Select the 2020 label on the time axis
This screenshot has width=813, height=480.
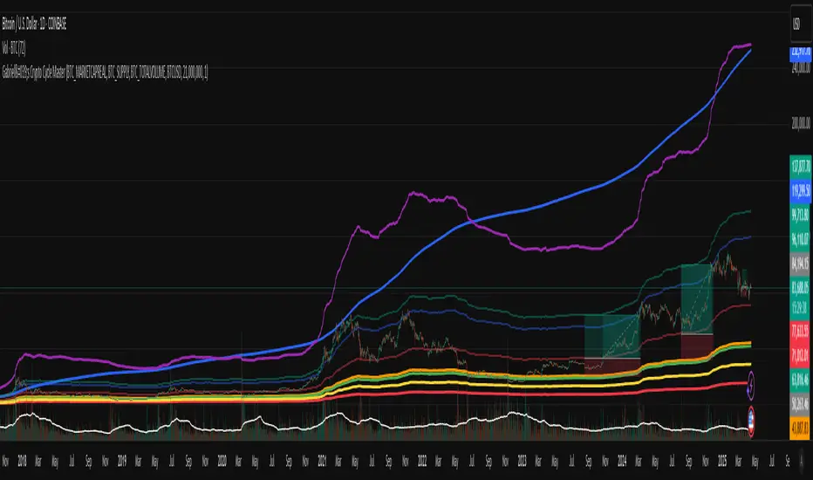pos(222,460)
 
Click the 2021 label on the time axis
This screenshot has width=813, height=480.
pos(323,460)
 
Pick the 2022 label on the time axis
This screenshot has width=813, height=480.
pos(423,460)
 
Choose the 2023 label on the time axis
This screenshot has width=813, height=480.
pos(523,460)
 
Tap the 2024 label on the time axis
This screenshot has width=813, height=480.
pos(623,460)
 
